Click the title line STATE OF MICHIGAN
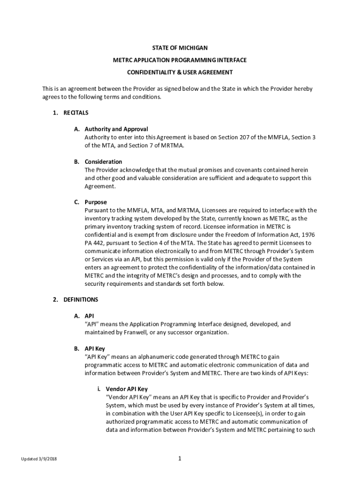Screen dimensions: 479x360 [180, 48]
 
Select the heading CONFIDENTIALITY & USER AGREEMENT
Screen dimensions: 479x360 [180, 73]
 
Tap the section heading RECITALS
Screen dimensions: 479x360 [76, 113]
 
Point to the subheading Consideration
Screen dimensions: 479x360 [103, 162]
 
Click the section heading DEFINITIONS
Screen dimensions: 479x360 [81, 299]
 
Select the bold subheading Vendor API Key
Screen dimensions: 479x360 [127, 389]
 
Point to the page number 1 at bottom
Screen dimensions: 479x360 [180, 458]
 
